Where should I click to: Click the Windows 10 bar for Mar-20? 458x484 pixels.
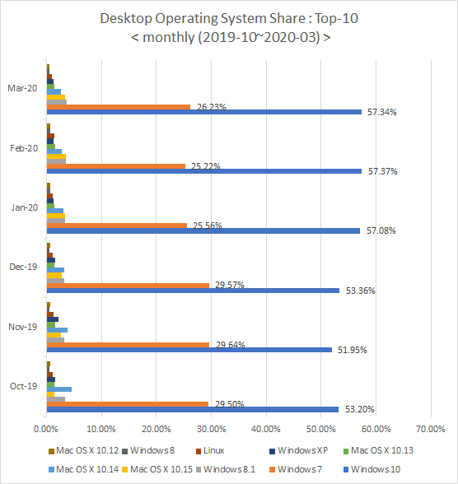coord(204,112)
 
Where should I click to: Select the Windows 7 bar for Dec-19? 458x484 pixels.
coord(128,286)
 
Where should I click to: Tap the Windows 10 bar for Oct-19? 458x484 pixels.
coord(193,409)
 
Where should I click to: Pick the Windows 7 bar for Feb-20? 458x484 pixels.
coord(116,166)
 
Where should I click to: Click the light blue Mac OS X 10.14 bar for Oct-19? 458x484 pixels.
coord(59,389)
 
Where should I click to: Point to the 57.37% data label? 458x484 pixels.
coord(382,171)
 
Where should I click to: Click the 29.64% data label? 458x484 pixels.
coord(231,345)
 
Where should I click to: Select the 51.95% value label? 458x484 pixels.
coord(352,350)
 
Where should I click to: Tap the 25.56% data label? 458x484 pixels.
coord(208,226)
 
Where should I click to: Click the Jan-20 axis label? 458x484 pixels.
coord(25,207)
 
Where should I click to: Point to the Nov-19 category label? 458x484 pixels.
coord(22,327)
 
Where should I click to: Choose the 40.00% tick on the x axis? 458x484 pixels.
coord(266,429)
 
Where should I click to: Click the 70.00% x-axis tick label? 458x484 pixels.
coord(431,429)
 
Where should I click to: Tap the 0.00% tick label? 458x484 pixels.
coord(45,429)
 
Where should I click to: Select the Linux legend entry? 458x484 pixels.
coord(210,451)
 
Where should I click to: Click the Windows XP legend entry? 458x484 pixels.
coord(299,451)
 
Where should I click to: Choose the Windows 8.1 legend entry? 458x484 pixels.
coord(226,469)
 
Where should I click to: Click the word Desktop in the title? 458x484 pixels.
coord(126,19)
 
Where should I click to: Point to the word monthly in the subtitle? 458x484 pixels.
coord(168,37)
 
